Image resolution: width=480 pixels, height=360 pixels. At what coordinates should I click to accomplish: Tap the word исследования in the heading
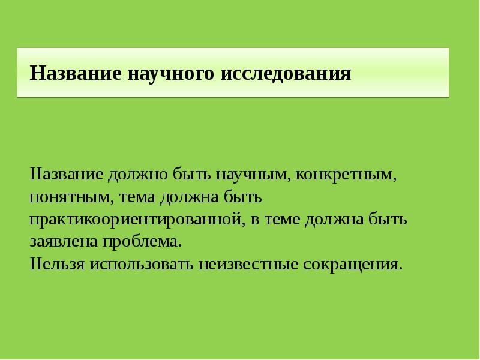(x=286, y=74)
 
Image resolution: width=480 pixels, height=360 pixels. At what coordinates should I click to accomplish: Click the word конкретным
(x=345, y=175)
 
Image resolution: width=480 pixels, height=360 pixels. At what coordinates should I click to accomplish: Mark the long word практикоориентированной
(x=136, y=220)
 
